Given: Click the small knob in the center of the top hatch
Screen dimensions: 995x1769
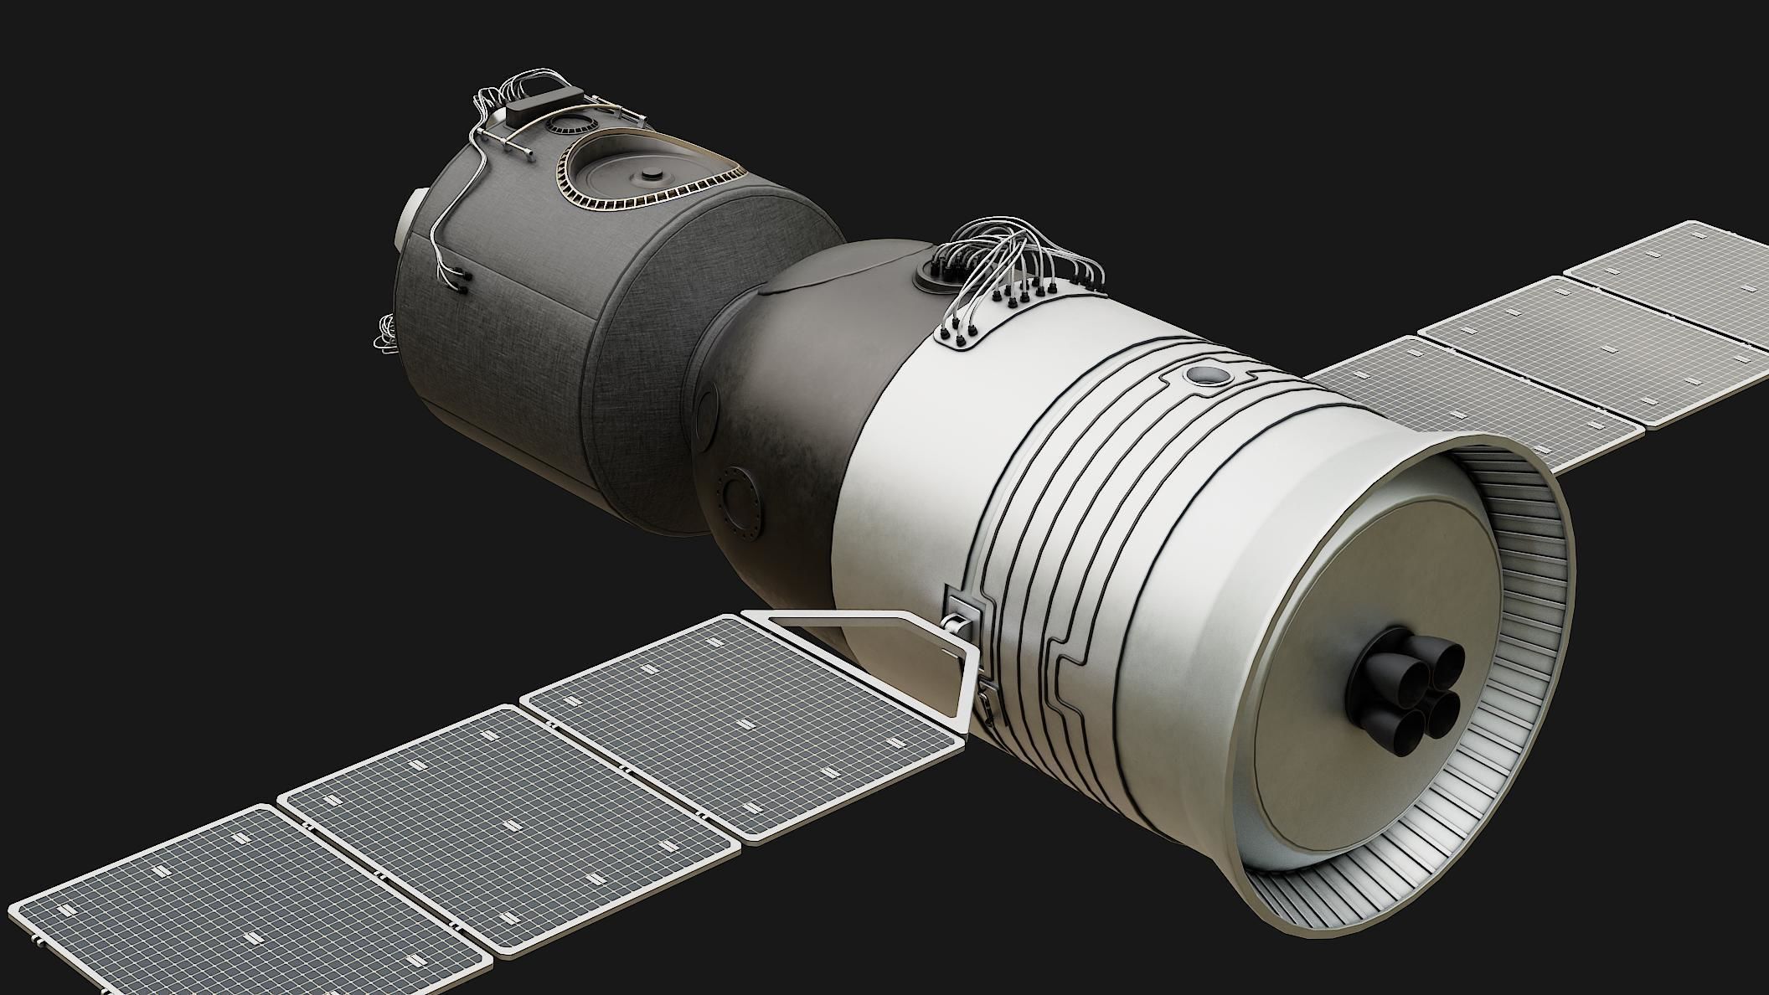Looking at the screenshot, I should tap(649, 176).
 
